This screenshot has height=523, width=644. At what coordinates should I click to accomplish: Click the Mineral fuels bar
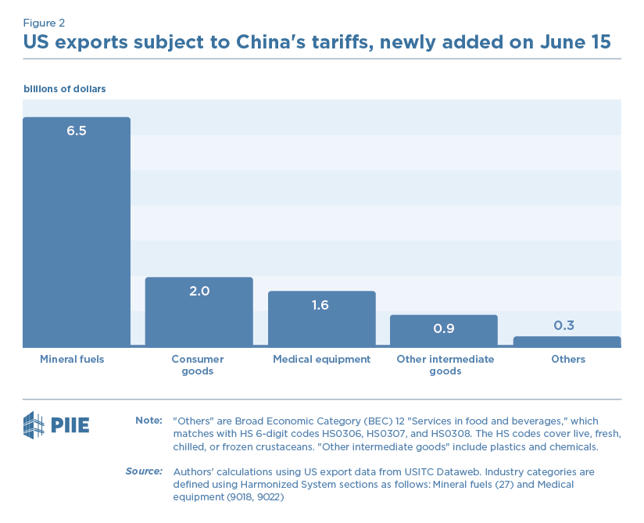tap(77, 235)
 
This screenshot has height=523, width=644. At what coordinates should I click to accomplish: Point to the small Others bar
tap(567, 342)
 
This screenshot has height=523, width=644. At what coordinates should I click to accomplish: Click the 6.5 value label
tap(77, 131)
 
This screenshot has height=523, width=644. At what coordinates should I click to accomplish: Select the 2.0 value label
tap(199, 291)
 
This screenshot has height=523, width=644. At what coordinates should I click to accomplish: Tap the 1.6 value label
tap(321, 305)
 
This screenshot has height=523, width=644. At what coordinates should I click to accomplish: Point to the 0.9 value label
tap(443, 328)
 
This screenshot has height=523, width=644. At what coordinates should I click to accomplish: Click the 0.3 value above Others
tap(563, 325)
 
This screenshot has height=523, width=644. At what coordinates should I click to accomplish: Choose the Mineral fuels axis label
tap(72, 360)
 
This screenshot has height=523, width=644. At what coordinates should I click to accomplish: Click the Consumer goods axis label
tap(198, 365)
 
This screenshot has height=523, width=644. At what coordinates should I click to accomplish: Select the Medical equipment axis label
tap(321, 360)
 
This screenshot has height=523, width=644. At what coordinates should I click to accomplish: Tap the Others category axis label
tap(567, 360)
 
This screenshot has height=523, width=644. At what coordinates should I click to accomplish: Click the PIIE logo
tap(56, 425)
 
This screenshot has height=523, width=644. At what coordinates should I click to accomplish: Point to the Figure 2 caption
tap(45, 23)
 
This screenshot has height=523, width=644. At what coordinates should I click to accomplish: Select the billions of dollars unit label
tap(64, 89)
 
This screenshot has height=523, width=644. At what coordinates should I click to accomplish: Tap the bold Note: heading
tap(148, 421)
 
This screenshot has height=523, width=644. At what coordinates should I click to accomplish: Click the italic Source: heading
tap(144, 471)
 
